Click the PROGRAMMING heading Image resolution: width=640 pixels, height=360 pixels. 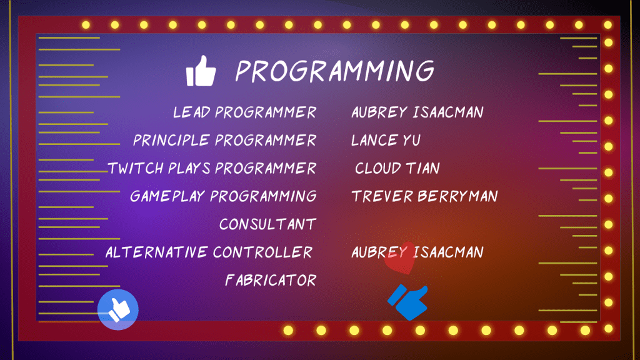[x=335, y=71]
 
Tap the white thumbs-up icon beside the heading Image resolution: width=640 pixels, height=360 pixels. [x=201, y=71]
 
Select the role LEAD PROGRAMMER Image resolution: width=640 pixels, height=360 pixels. [x=244, y=112]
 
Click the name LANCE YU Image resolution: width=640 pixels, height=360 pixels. [x=386, y=141]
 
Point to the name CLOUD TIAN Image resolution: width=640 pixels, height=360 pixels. [x=397, y=168]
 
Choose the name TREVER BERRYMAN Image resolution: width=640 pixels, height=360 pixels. [x=424, y=196]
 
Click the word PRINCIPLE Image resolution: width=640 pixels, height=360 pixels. [x=171, y=141]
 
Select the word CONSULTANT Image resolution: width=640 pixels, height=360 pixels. [x=267, y=224]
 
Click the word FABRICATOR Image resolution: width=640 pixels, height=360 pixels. [x=271, y=280]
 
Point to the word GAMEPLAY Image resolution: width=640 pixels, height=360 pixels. [x=167, y=196]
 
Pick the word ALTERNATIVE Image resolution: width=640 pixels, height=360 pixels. [x=157, y=252]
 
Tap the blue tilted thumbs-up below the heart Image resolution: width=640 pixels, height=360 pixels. [x=408, y=302]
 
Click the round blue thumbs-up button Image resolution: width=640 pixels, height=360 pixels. [x=118, y=309]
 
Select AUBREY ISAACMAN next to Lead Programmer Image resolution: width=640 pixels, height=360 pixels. [x=417, y=112]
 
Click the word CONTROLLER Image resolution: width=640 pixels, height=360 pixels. [x=262, y=252]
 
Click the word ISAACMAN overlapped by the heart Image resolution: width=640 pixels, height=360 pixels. [x=448, y=252]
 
